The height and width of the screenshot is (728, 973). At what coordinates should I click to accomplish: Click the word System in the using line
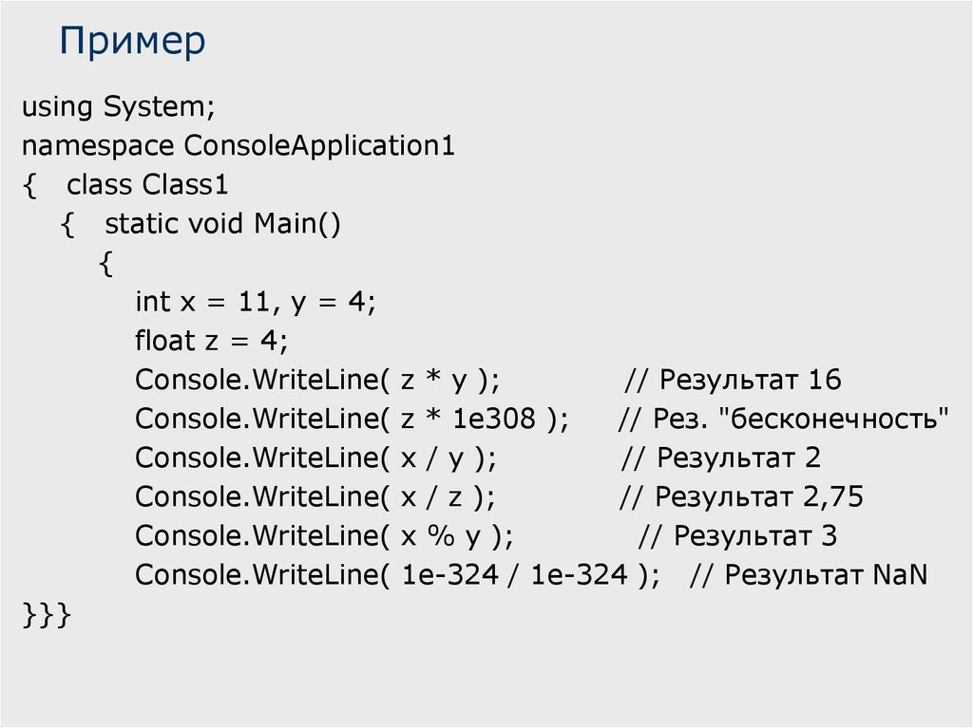point(159,107)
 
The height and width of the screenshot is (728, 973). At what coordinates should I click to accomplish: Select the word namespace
point(98,146)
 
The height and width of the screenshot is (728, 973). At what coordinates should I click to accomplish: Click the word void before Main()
point(217,224)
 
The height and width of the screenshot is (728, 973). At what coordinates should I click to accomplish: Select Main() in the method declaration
point(296,224)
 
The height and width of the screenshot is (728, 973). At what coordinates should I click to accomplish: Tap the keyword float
point(164,341)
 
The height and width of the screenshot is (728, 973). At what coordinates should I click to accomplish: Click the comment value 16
point(825,381)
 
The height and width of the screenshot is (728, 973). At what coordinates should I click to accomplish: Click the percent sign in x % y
point(438,536)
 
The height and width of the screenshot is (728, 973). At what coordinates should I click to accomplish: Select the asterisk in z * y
point(432,381)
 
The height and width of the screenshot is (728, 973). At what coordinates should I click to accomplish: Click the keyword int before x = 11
point(152,302)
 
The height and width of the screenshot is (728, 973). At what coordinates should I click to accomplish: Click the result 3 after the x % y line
point(829,536)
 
